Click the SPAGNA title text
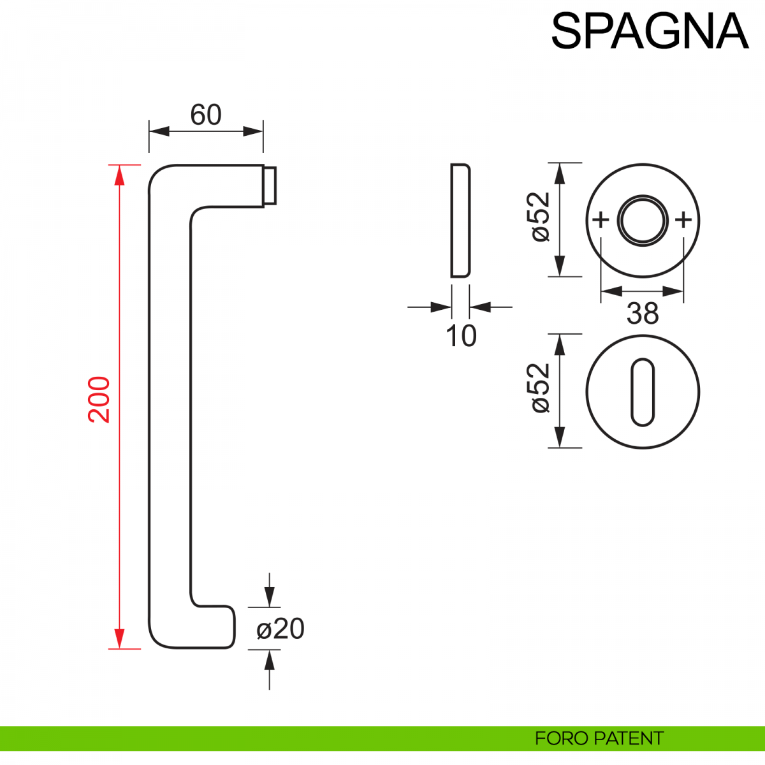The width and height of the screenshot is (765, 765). point(649,31)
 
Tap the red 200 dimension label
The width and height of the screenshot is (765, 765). point(100,400)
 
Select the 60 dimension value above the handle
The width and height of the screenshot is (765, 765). point(206,115)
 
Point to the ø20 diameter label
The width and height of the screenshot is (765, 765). point(280,629)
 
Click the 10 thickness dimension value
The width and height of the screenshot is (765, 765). point(461,336)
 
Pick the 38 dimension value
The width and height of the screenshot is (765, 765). point(642,314)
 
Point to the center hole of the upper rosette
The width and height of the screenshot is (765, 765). point(643,221)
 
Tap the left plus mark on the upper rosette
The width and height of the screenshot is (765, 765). point(601,221)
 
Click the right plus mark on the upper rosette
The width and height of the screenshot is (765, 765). point(683,221)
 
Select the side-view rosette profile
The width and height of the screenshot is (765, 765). point(460,221)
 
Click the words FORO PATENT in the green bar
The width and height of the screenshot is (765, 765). point(599,738)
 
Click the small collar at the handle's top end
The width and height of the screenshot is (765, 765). point(270,186)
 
